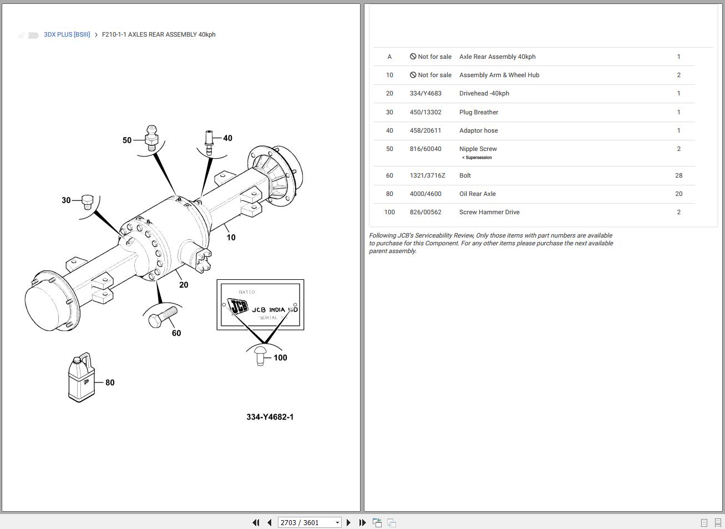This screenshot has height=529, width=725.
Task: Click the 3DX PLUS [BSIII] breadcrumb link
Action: point(67,34)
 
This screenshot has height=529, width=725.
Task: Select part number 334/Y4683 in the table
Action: point(425,93)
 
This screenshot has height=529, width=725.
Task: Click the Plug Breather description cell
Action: point(478,112)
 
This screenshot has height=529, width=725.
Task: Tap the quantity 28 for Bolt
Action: point(678,175)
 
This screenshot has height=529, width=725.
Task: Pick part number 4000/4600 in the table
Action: point(425,194)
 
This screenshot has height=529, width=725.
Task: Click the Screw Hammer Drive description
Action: point(489,212)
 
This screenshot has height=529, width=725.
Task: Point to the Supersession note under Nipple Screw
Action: point(478,158)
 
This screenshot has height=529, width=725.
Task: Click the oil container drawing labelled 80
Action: point(81,377)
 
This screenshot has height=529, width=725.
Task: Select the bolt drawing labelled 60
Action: point(162,318)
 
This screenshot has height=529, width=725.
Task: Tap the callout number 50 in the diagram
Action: point(127,140)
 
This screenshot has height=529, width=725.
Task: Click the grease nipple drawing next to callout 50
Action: point(151,138)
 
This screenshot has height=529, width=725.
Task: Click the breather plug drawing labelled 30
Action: point(87,201)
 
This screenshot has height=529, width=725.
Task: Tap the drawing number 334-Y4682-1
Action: point(270,417)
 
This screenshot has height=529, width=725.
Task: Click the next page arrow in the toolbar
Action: point(348,522)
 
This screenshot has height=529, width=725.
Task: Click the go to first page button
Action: point(256,522)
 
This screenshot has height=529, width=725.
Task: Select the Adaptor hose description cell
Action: point(478,130)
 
